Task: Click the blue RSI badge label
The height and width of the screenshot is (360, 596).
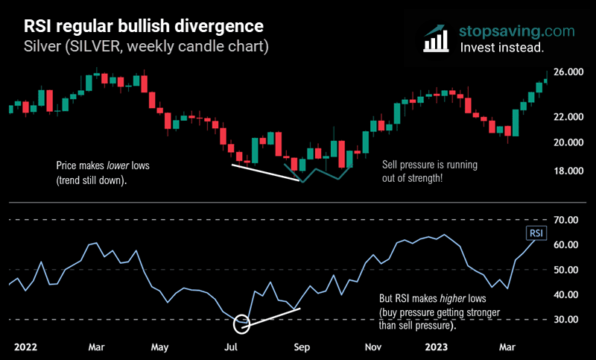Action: [536, 233]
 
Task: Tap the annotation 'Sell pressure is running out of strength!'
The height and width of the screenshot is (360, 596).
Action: [429, 171]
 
